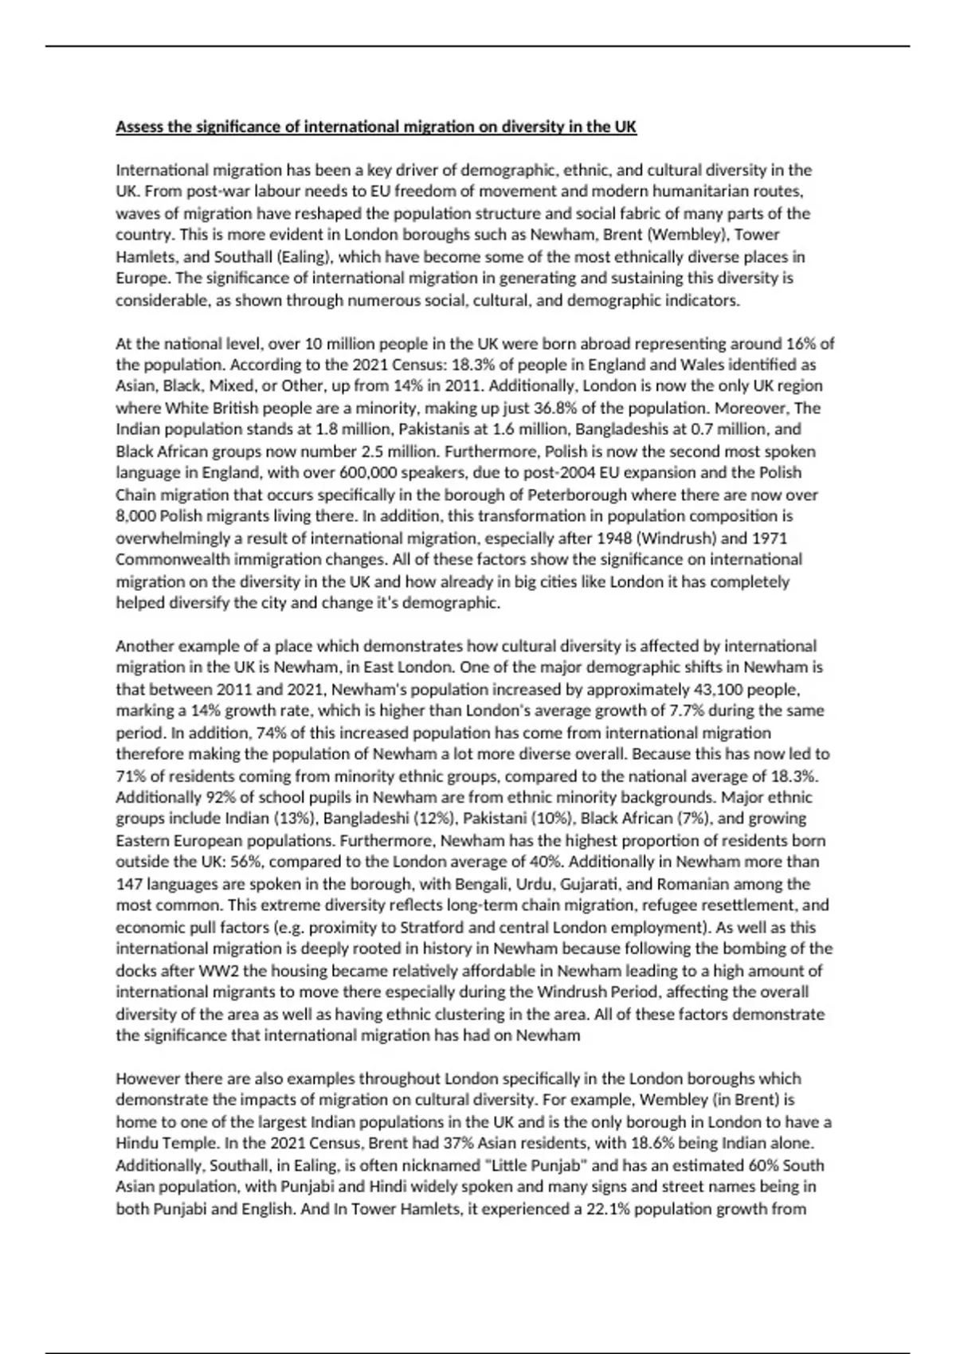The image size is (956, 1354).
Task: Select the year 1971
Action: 769,538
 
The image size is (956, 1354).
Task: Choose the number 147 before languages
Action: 129,884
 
